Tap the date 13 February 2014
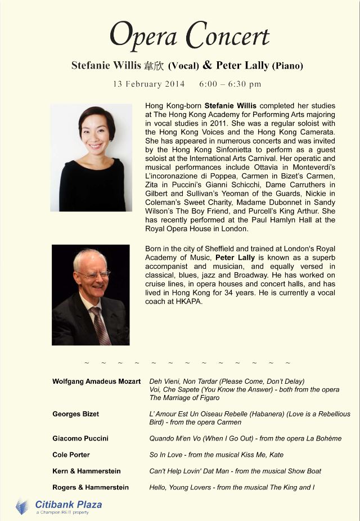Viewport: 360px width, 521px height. coord(148,84)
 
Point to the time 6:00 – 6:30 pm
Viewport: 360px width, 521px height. coord(230,84)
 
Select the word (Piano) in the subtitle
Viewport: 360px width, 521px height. coord(287,66)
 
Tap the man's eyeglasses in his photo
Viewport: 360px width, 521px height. coord(93,274)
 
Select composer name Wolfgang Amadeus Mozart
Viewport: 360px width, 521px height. coord(96,381)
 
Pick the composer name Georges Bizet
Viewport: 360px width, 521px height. coord(75,414)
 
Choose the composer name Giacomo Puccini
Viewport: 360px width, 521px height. coord(80,438)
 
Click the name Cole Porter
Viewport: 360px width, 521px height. coord(71,455)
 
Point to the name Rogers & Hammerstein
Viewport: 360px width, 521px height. coord(90,487)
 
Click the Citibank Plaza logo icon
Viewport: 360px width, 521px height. coord(22,506)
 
